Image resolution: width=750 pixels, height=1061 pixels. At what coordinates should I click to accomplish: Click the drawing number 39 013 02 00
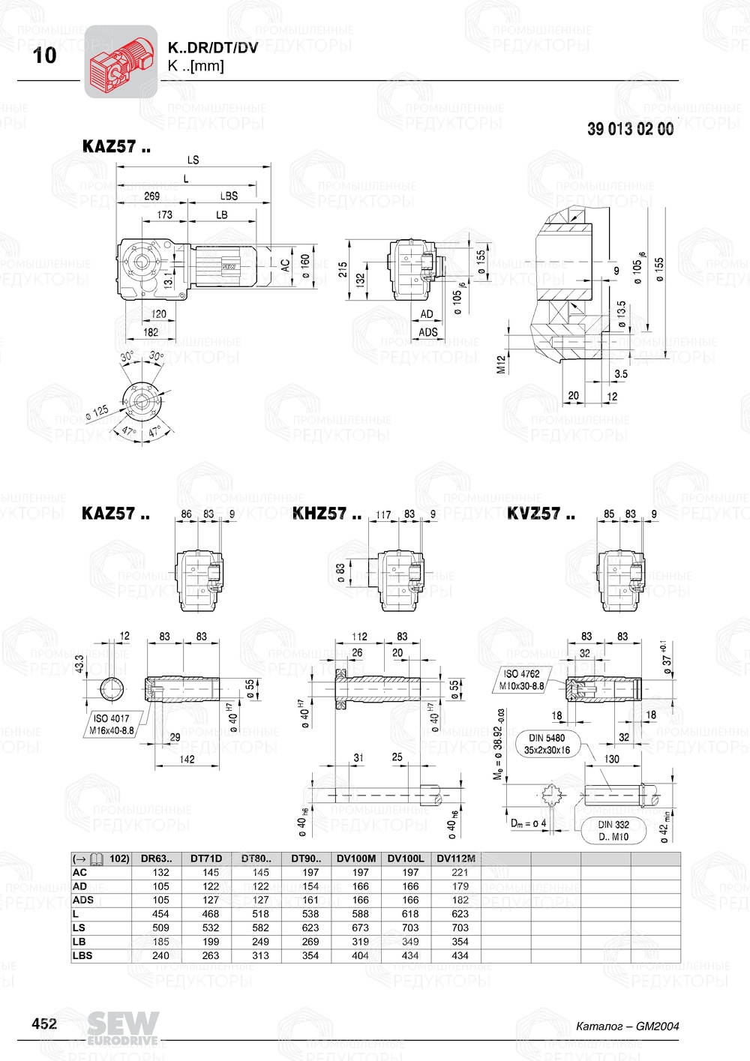pos(630,129)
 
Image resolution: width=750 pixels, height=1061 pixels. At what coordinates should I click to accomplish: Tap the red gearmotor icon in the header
pos(121,62)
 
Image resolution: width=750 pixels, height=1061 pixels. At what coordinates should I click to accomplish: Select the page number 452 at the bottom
pos(43,1024)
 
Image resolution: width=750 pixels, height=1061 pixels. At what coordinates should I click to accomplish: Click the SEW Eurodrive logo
pos(122,1028)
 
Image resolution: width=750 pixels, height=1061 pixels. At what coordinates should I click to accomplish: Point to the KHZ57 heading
pos(326,514)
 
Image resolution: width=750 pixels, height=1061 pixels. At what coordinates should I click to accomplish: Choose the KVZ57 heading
pos(541,514)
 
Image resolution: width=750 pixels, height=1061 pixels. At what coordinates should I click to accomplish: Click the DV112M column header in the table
pos(456,859)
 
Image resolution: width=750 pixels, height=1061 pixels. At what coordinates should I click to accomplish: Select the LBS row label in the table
pos(82,955)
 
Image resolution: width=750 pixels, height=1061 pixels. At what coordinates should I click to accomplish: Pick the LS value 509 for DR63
pos(160,928)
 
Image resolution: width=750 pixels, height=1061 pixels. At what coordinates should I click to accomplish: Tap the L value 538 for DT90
pos(310,914)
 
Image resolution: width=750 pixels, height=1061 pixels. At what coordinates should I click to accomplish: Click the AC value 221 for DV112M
pos(460,873)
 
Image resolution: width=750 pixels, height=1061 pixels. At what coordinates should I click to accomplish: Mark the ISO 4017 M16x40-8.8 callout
pos(111,724)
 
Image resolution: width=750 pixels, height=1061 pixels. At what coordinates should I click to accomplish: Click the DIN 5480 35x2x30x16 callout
pos(547,744)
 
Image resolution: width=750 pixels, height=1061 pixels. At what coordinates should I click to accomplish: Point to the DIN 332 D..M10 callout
pos(613,831)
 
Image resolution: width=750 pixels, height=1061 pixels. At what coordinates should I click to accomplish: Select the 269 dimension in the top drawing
pos(151,196)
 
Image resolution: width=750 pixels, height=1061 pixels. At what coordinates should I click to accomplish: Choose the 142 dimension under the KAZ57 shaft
pos(187,759)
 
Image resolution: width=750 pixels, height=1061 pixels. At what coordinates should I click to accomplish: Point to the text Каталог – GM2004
pos(627,1026)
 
